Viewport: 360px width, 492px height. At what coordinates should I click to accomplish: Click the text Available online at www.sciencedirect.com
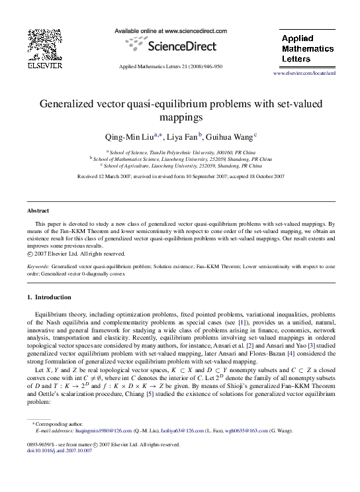pos(171,31)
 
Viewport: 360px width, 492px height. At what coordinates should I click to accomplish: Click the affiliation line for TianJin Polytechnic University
pos(181,152)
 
